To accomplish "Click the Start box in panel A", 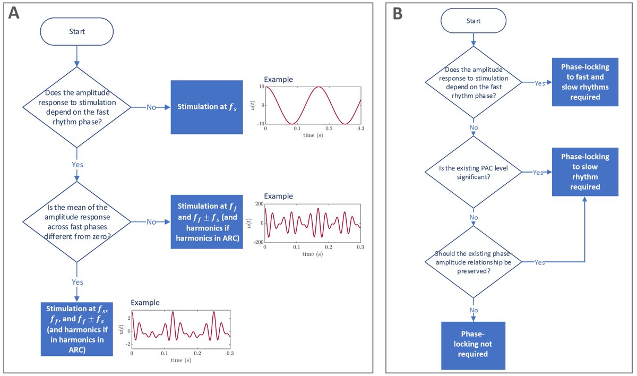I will [77, 31].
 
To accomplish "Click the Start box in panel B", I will [472, 21].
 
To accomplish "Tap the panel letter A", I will [14, 13].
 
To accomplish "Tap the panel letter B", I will [397, 13].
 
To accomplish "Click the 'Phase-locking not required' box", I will [473, 345].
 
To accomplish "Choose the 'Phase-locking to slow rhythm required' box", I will [585, 172].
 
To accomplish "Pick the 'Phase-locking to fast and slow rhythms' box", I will [585, 82].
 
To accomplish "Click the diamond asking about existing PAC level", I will [472, 172].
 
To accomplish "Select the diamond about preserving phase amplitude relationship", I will [472, 262].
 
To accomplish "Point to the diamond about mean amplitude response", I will [77, 223].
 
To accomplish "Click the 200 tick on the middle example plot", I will [259, 203].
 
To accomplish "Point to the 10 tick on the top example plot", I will [261, 87].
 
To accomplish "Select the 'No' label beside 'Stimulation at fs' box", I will [151, 107].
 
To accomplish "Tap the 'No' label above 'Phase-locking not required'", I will [473, 310].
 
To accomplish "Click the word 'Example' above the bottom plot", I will [145, 302].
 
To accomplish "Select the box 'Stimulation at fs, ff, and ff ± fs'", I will [77, 329].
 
